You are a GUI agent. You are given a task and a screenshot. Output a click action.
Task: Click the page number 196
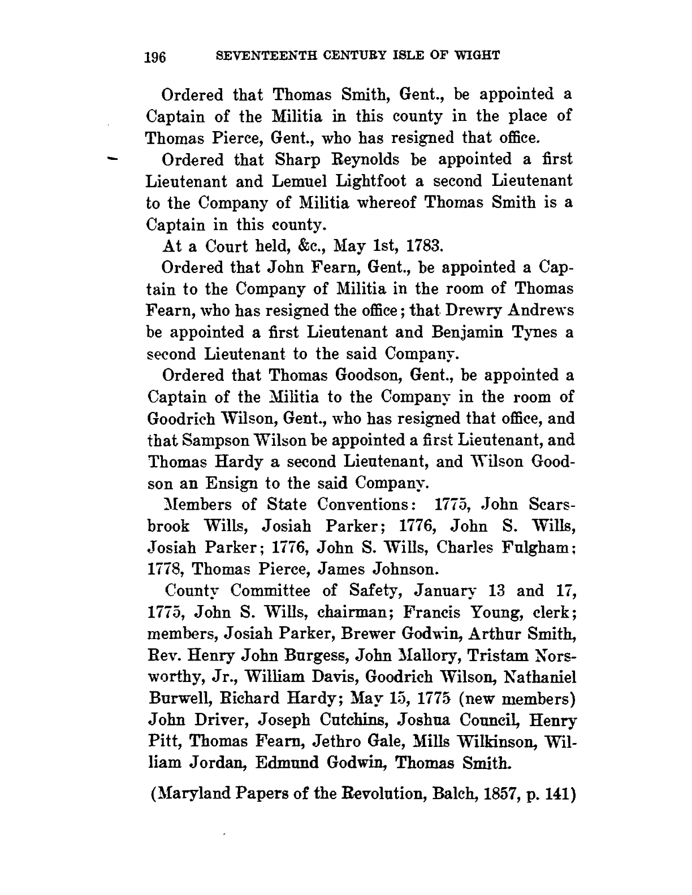(154, 58)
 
